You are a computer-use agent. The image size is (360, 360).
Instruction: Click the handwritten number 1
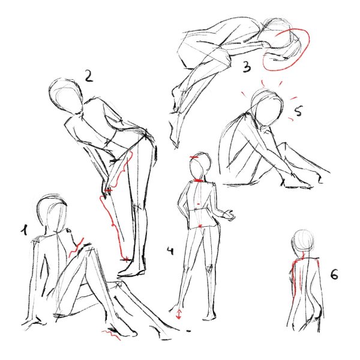point(25,230)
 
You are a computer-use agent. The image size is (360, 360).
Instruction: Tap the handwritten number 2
point(89,76)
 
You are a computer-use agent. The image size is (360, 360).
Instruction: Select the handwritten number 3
point(247,67)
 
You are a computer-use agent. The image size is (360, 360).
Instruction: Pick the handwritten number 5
point(298,110)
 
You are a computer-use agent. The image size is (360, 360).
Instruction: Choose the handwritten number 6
point(334,274)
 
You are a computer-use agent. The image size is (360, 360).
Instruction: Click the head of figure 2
point(66,96)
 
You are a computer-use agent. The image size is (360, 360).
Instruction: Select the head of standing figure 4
point(200,165)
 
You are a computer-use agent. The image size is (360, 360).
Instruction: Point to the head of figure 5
point(267,107)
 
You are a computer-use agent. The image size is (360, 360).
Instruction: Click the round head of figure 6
point(303,241)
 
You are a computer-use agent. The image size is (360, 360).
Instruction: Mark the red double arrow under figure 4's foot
point(179,314)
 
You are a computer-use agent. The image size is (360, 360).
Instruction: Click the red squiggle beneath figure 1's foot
point(111,334)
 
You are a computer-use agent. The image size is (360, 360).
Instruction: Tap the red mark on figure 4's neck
point(198,181)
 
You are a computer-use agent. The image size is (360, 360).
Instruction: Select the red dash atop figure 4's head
point(194,157)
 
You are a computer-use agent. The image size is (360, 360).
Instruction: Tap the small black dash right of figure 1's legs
point(188,331)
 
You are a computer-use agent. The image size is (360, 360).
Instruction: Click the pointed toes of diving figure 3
point(175,144)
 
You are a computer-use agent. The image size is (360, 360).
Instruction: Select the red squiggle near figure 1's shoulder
point(76,247)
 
